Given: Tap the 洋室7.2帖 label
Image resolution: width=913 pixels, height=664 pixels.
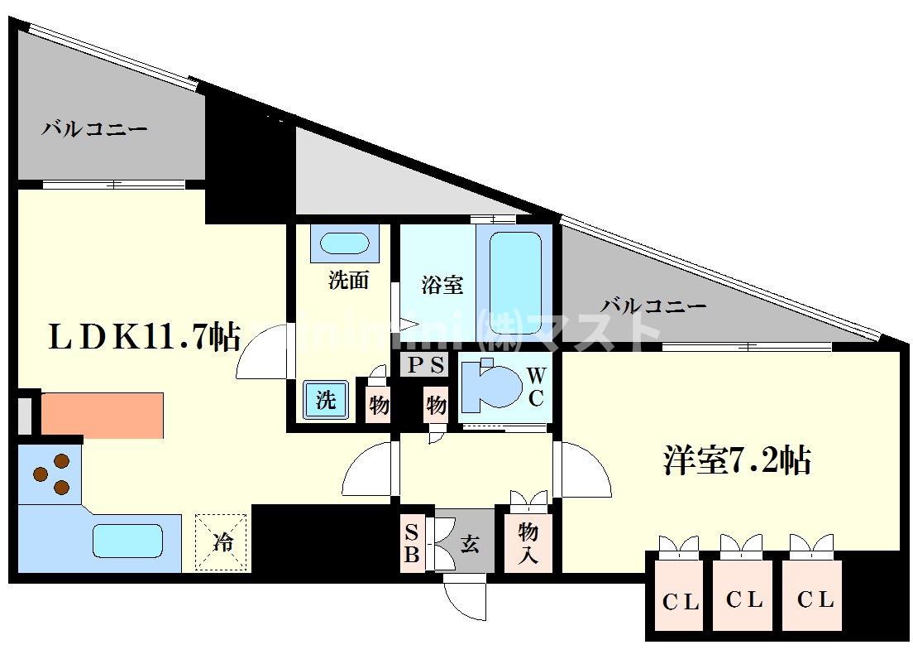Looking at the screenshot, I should [x=736, y=460].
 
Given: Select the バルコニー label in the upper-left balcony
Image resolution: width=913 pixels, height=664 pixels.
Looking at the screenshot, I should [x=94, y=130].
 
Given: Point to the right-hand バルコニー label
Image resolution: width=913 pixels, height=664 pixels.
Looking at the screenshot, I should [x=653, y=306].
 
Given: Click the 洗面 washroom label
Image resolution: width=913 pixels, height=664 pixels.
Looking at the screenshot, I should [x=348, y=280].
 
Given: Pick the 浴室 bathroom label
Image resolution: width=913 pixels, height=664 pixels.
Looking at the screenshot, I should [x=442, y=286].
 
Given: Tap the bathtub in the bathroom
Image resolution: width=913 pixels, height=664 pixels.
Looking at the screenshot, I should [x=516, y=272].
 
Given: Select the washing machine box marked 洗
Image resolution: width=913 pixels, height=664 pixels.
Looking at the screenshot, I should [x=326, y=401].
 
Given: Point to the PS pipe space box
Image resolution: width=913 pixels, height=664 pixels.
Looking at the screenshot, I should [x=427, y=364].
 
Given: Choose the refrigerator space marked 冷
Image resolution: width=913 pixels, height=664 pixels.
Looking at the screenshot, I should [x=222, y=543].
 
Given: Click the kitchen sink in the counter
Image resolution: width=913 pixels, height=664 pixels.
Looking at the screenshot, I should [x=135, y=541].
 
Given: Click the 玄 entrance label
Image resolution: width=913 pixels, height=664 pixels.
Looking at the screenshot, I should [x=470, y=544].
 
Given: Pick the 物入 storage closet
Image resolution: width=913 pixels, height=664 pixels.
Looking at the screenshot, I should [x=528, y=542].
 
